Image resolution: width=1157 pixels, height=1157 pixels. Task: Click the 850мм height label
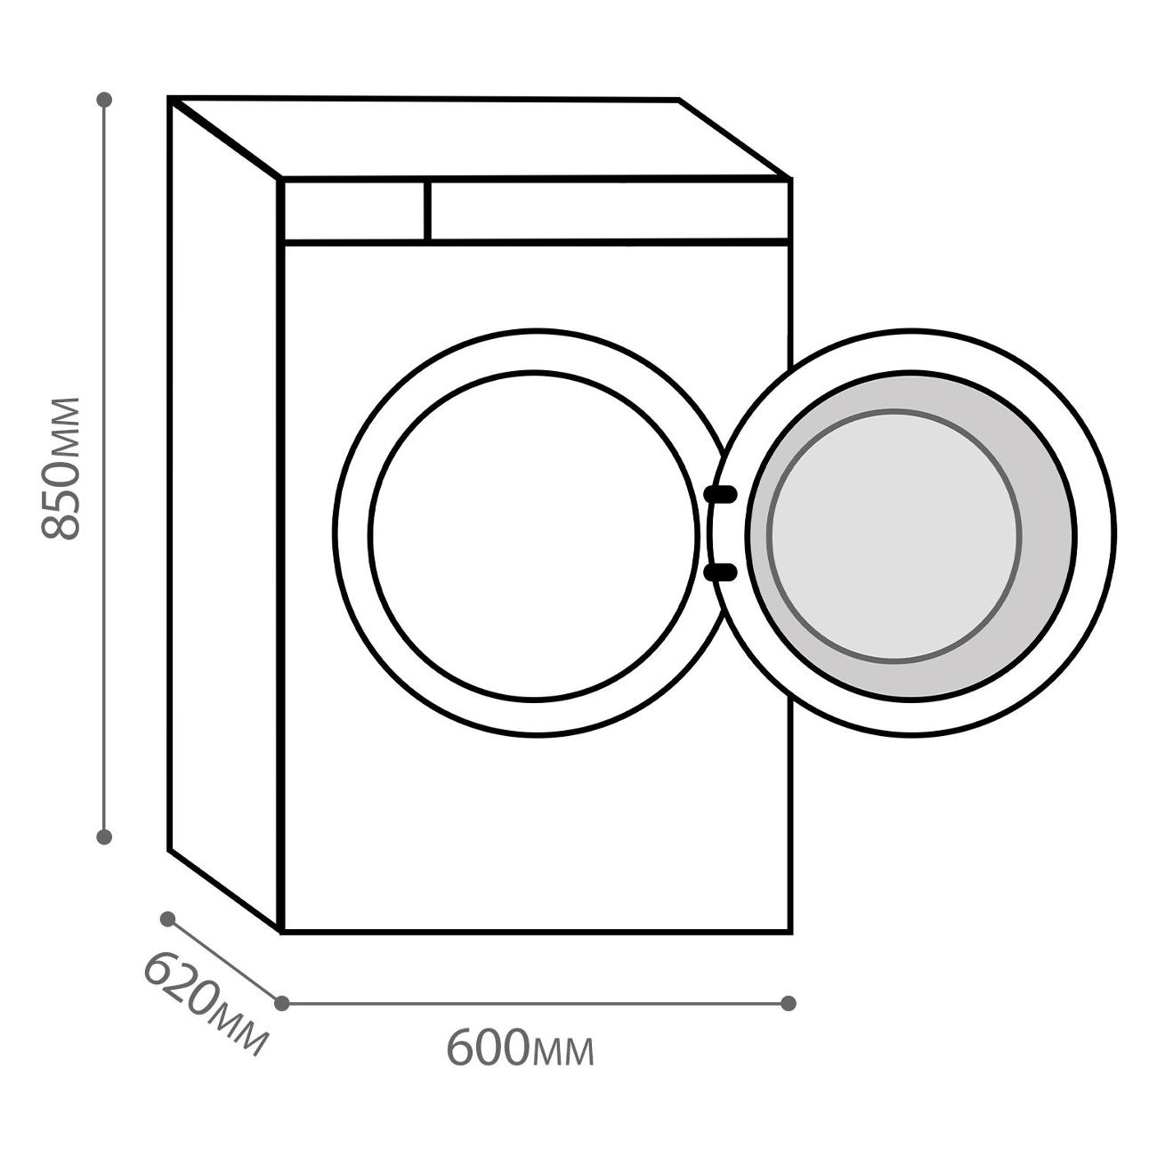(x=60, y=468)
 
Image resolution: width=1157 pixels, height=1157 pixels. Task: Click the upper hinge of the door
(x=721, y=494)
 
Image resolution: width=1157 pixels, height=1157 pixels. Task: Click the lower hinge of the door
(x=721, y=572)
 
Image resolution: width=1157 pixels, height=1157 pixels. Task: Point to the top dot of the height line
(x=104, y=100)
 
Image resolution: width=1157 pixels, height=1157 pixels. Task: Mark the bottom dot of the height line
(x=104, y=837)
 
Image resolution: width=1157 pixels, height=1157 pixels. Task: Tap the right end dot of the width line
(x=789, y=1003)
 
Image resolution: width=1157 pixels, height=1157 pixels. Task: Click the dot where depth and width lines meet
(x=281, y=1003)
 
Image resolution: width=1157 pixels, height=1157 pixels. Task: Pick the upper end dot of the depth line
(x=167, y=919)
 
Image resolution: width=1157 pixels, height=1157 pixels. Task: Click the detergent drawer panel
(x=354, y=211)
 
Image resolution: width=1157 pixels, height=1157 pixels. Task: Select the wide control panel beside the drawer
(x=609, y=211)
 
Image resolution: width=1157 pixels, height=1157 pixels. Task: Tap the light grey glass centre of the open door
(x=894, y=537)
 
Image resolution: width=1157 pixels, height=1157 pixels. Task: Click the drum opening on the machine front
(x=534, y=536)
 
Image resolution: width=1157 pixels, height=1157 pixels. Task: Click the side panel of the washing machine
(x=224, y=516)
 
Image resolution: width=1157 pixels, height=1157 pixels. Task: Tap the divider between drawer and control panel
(x=427, y=211)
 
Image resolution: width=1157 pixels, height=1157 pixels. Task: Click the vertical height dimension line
(x=104, y=468)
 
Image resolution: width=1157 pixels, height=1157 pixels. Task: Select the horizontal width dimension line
(x=534, y=1003)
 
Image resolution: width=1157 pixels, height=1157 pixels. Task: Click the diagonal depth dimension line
(x=224, y=961)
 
